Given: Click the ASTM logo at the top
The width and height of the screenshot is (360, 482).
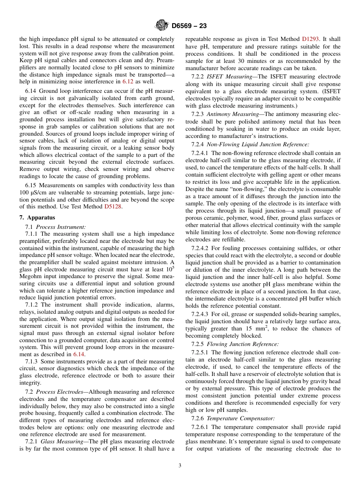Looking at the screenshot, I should click(162, 26).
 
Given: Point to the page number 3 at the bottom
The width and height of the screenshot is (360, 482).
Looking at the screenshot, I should click(180, 466).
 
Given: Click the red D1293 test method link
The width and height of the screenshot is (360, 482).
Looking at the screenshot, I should click(311, 39).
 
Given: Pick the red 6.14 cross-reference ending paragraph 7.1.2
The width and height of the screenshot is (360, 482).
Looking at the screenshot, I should click(79, 354).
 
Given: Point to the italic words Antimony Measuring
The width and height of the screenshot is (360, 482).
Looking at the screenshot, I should click(230, 114).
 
